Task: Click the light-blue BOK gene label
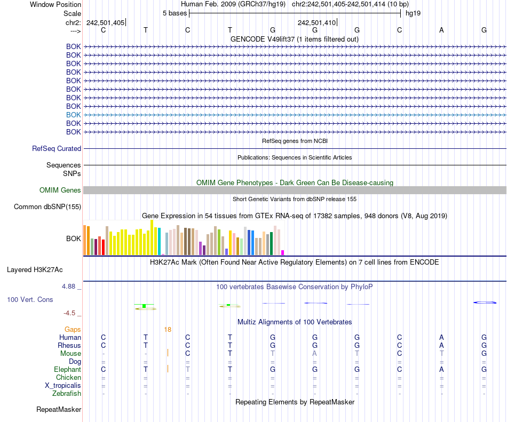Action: click(x=74, y=115)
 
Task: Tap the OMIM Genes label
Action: click(x=60, y=190)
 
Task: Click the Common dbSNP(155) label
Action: click(x=47, y=207)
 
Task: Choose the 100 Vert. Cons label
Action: click(x=30, y=300)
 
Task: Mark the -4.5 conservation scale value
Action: click(x=70, y=313)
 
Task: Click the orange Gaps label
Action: click(x=73, y=330)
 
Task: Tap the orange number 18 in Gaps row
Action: click(x=168, y=330)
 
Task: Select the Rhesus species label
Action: click(x=69, y=346)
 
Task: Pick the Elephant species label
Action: click(x=67, y=370)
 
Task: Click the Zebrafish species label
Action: click(x=67, y=394)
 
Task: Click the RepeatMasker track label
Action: click(x=59, y=410)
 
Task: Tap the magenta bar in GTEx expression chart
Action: click(x=283, y=252)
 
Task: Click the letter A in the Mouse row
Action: click(x=315, y=354)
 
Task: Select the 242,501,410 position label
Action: click(x=316, y=22)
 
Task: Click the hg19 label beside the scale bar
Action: click(x=413, y=13)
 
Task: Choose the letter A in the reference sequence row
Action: click(x=441, y=30)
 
